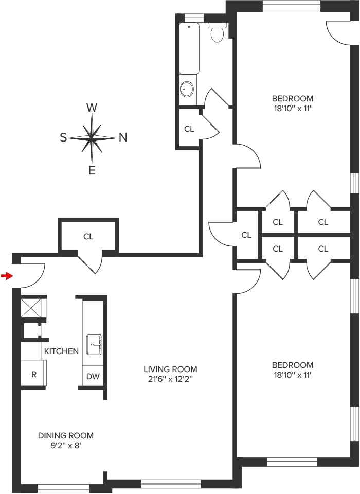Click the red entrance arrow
pyautogui.click(x=7, y=276)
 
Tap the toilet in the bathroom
pyautogui.click(x=218, y=32)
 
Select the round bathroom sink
pyautogui.click(x=187, y=89)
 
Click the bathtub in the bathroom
pyautogui.click(x=189, y=48)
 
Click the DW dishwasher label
pyautogui.click(x=93, y=376)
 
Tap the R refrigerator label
pyautogui.click(x=34, y=375)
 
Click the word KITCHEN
pyautogui.click(x=61, y=351)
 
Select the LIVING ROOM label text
pyautogui.click(x=170, y=369)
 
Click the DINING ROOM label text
pyautogui.click(x=66, y=435)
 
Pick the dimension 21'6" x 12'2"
pyautogui.click(x=170, y=379)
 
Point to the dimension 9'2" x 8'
pyautogui.click(x=66, y=446)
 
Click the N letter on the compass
pyautogui.click(x=123, y=137)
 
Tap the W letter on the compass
pyautogui.click(x=92, y=108)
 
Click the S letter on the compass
pyautogui.click(x=63, y=137)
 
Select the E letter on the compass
pyautogui.click(x=92, y=170)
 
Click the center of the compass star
pyautogui.click(x=92, y=138)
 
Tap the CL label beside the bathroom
pyautogui.click(x=189, y=129)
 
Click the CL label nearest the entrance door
pyautogui.click(x=88, y=236)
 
